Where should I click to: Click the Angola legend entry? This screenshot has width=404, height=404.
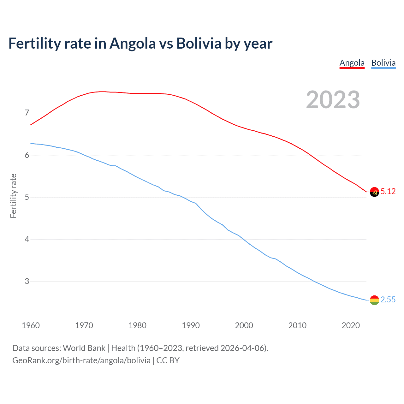click(x=352, y=63)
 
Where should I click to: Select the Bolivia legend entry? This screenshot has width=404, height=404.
click(x=383, y=63)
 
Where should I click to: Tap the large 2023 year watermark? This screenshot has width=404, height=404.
click(x=333, y=100)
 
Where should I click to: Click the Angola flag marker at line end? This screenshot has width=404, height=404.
click(x=374, y=192)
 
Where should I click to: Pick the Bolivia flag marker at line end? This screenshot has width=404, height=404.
click(x=374, y=300)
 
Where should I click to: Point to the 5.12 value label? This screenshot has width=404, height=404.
click(x=388, y=192)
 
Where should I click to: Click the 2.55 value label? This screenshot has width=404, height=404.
click(x=388, y=300)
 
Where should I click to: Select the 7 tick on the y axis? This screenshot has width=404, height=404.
click(x=27, y=113)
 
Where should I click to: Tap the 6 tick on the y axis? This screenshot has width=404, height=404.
click(x=27, y=155)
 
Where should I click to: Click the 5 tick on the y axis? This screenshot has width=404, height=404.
click(x=27, y=197)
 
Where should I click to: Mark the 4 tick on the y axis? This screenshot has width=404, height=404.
click(x=27, y=239)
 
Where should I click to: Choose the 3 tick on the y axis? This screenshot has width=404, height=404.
click(x=27, y=281)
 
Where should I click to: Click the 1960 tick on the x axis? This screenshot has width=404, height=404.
click(x=31, y=325)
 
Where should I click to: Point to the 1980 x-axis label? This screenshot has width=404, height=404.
click(x=137, y=325)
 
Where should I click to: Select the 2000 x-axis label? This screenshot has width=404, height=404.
click(x=244, y=325)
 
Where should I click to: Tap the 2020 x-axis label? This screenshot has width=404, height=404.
click(x=351, y=325)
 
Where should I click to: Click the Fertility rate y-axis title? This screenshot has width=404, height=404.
click(x=13, y=196)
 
